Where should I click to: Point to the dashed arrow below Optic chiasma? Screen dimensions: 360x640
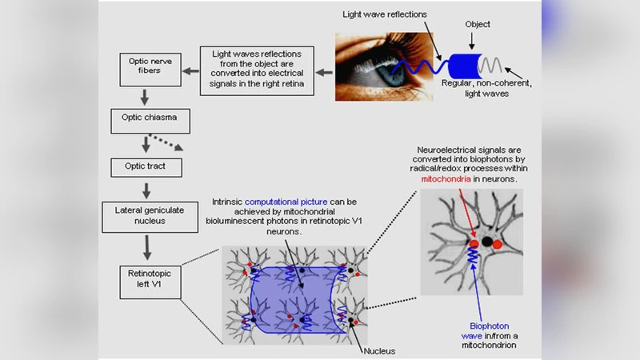pyautogui.click(x=169, y=146)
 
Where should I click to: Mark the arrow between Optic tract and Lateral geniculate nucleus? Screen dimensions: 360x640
pyautogui.click(x=146, y=191)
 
